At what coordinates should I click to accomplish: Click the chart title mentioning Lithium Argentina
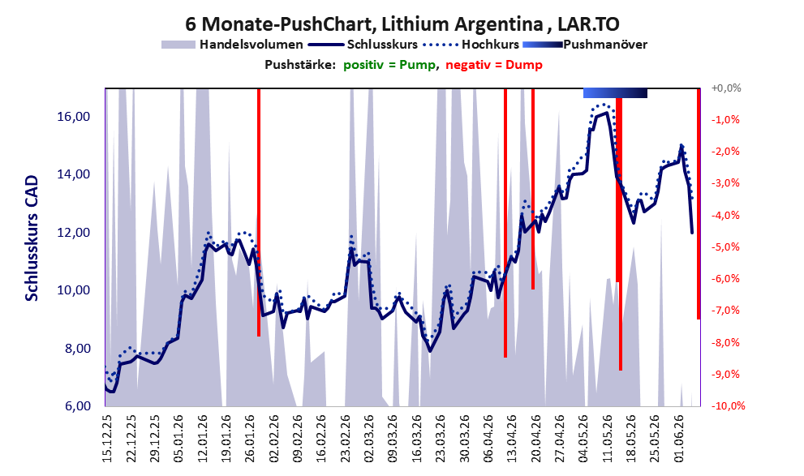click(x=402, y=24)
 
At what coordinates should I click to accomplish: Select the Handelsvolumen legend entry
click(x=232, y=45)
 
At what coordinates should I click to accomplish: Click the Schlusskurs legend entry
click(x=363, y=45)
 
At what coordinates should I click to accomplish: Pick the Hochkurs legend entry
click(x=471, y=45)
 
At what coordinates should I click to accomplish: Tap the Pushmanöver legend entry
click(x=585, y=45)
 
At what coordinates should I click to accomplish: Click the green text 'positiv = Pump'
click(x=389, y=65)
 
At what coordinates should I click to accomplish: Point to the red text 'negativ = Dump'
click(x=494, y=65)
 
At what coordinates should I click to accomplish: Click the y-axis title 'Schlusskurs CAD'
click(x=32, y=238)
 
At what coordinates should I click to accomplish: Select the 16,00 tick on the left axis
click(x=74, y=117)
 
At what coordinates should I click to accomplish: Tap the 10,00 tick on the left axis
click(x=74, y=290)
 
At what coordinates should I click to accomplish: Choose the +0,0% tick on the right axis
click(x=726, y=88)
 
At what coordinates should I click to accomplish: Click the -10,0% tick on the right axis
click(x=728, y=406)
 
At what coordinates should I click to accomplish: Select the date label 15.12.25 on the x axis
click(x=107, y=438)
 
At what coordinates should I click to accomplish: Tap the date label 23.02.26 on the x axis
click(x=346, y=438)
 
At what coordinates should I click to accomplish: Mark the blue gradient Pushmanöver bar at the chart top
click(x=615, y=92)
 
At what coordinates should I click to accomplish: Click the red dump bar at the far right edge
click(x=699, y=204)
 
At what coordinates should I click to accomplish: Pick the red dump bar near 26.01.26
click(x=259, y=212)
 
